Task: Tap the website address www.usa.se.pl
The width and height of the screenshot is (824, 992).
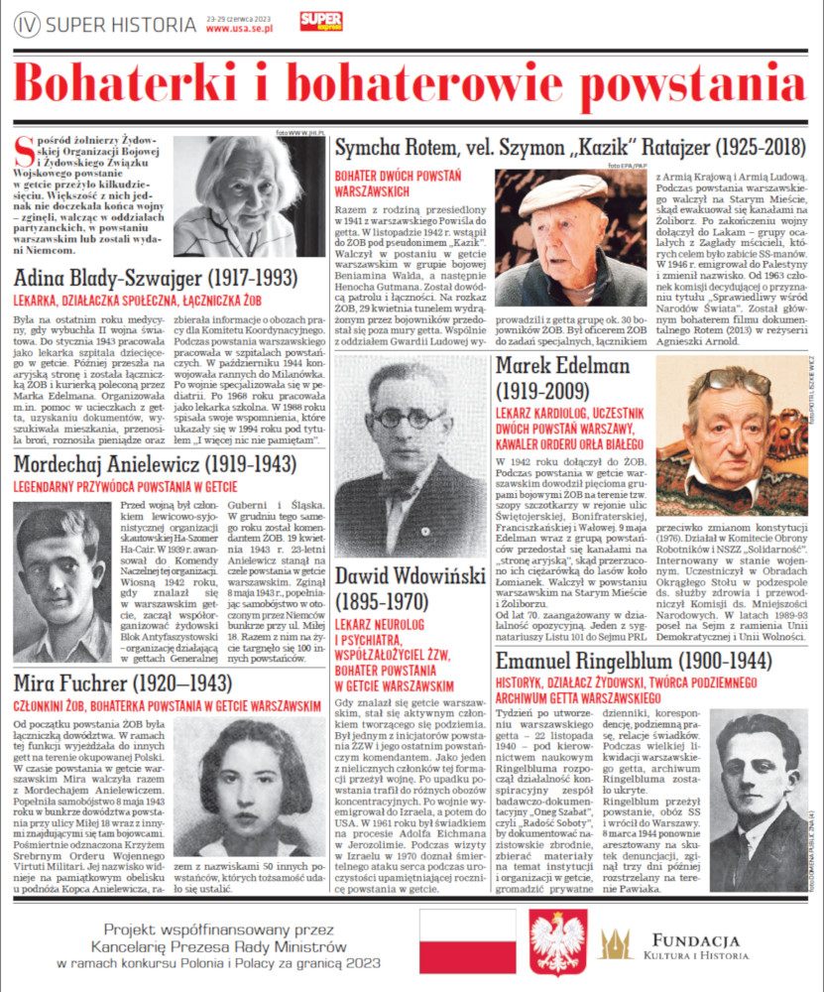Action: (239, 29)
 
